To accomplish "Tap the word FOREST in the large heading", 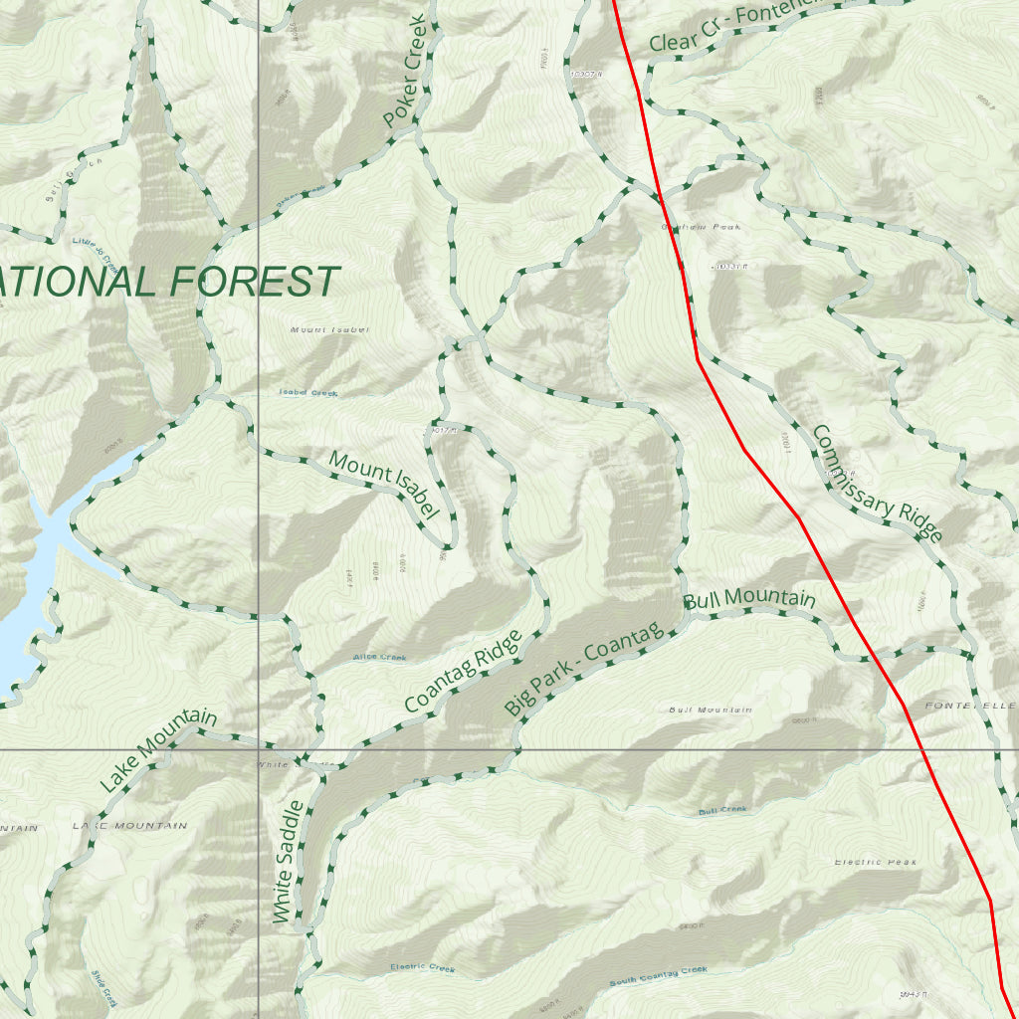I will pyautogui.click(x=254, y=282).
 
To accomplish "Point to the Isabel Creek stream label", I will pyautogui.click(x=308, y=393).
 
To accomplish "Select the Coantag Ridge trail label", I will pyautogui.click(x=463, y=672).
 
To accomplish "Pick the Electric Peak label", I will pyautogui.click(x=876, y=862).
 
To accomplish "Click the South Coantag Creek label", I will pyautogui.click(x=659, y=976).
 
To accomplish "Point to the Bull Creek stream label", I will pyautogui.click(x=722, y=811).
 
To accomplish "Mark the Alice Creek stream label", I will pyautogui.click(x=379, y=658).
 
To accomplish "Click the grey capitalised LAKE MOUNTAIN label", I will pyautogui.click(x=129, y=826).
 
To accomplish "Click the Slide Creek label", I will pyautogui.click(x=104, y=987).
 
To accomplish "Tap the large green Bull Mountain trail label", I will pyautogui.click(x=749, y=600).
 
